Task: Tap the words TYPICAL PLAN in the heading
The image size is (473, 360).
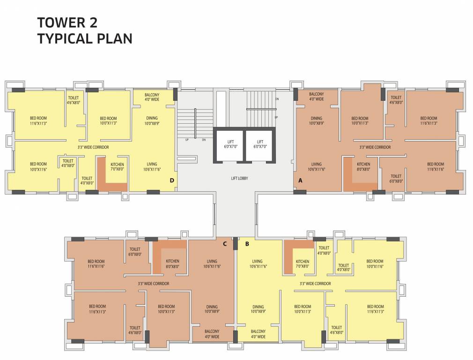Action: [85, 39]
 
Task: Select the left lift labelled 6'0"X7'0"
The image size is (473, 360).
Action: [229, 144]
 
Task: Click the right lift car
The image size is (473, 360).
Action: [260, 144]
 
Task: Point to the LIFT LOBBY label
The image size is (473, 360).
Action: [239, 178]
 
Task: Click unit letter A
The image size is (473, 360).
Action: [300, 180]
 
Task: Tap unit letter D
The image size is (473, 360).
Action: [172, 180]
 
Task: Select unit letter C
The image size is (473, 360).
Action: [225, 243]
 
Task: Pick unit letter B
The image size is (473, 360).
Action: [247, 243]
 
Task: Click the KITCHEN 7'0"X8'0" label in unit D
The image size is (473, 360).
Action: [117, 167]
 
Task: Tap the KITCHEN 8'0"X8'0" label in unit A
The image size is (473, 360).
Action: [363, 167]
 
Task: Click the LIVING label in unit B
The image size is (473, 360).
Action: [257, 264]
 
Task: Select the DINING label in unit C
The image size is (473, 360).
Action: [212, 309]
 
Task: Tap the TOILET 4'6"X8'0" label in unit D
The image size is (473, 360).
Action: [74, 100]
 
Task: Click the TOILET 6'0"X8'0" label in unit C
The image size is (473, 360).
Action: [135, 252]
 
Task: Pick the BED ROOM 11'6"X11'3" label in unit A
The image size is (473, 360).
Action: [429, 121]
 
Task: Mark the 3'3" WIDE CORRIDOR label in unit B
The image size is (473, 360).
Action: [315, 284]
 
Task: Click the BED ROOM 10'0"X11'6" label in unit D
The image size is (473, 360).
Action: [38, 167]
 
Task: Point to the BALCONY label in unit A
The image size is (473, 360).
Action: [316, 97]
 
